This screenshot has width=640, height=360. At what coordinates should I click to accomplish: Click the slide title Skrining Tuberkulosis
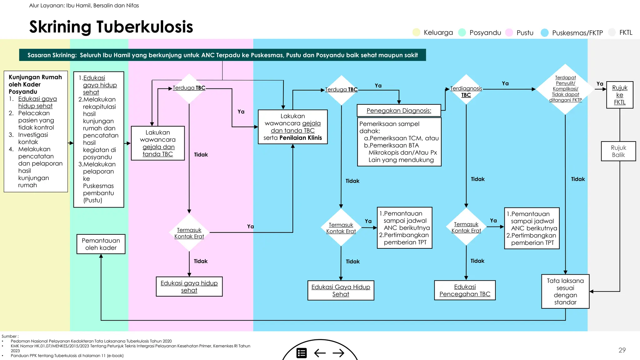point(111,27)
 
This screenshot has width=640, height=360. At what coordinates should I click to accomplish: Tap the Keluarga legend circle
point(416,32)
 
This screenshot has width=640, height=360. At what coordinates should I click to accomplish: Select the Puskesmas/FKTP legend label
point(577,33)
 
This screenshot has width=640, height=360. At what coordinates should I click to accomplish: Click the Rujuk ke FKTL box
point(619,95)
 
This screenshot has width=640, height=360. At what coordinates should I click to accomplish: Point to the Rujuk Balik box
point(618,151)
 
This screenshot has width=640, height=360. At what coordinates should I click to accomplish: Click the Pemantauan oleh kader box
point(101,244)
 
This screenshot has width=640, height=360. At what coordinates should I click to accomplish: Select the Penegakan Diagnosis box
point(399,111)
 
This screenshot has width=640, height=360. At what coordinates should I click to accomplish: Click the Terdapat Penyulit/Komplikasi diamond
point(565,89)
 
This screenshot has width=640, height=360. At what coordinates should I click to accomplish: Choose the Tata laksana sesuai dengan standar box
point(565,291)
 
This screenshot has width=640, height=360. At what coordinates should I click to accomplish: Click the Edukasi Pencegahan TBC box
point(465,290)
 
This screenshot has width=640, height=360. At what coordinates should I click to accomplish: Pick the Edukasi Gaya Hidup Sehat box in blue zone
point(341,290)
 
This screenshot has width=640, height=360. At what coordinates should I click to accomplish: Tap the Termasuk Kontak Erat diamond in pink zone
point(189,233)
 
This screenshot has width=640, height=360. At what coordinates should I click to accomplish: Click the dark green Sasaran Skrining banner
point(222,55)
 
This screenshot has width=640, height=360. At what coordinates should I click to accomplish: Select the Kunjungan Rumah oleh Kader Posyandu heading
point(35,84)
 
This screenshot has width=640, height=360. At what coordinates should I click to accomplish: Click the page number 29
point(622,350)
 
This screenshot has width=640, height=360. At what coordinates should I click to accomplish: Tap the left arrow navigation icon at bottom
point(320,353)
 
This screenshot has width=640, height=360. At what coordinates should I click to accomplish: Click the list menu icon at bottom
point(302,353)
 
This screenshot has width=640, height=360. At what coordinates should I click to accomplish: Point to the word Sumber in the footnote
point(9,336)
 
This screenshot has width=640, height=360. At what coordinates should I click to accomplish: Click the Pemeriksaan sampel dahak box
point(399,142)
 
